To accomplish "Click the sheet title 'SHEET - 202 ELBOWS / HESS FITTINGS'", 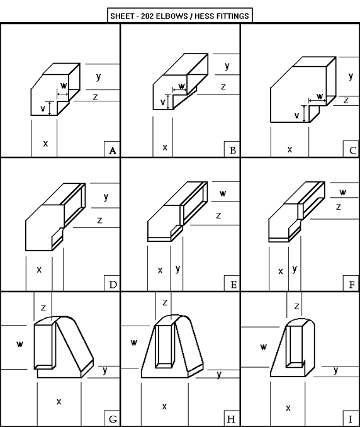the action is click(x=179, y=16).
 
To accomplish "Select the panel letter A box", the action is click(x=112, y=149).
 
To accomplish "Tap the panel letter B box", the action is click(x=232, y=149).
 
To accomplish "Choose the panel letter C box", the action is click(x=352, y=149).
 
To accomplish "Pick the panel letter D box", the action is click(x=112, y=283).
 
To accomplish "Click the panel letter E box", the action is click(x=232, y=283).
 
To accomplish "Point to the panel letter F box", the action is click(x=352, y=283).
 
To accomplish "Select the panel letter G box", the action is click(x=112, y=418).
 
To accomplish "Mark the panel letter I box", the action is click(x=352, y=418).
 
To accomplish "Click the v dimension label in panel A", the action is click(x=43, y=109).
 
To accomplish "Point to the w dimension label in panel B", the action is click(x=181, y=86).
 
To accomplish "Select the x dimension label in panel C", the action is click(x=290, y=149).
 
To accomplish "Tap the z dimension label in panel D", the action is click(x=99, y=220).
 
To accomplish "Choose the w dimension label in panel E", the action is click(x=223, y=193).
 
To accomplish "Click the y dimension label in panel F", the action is click(x=295, y=269).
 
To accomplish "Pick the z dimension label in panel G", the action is click(x=43, y=308).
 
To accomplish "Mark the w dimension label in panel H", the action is click(x=134, y=343).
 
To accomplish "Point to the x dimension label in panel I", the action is click(x=288, y=407).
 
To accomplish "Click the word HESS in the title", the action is click(x=203, y=16).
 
